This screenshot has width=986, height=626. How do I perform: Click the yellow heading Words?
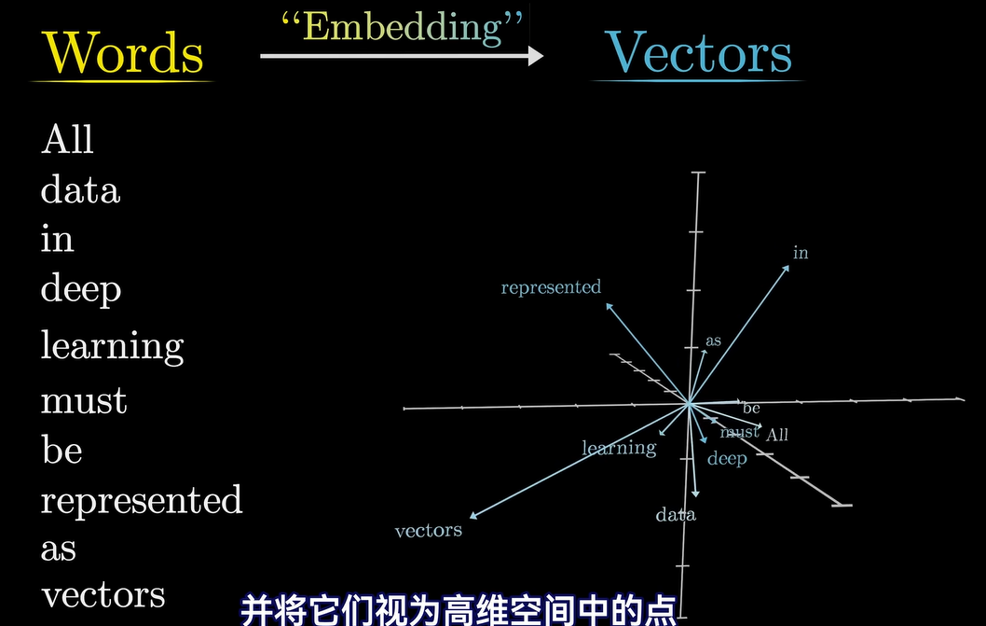tap(123, 52)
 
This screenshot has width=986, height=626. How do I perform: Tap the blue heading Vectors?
tap(698, 52)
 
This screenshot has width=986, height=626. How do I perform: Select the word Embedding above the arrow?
tap(403, 27)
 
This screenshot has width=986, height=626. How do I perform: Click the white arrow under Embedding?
tap(401, 56)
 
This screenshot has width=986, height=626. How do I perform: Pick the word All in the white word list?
tap(67, 140)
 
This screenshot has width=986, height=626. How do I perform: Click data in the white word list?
tap(80, 190)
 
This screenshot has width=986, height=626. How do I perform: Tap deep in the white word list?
tap(81, 289)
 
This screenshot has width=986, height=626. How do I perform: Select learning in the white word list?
tap(112, 346)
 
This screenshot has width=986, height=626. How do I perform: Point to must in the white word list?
tap(84, 402)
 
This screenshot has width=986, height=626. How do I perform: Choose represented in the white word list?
tap(142, 500)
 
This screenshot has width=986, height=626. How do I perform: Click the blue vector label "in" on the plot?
tap(801, 253)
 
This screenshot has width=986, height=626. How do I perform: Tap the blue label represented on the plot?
tap(551, 287)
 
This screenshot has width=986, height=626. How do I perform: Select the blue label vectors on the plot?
tap(429, 531)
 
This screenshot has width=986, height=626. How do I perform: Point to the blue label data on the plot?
tap(676, 515)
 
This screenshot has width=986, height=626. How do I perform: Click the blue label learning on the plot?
tap(619, 448)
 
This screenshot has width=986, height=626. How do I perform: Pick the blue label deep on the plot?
tap(727, 458)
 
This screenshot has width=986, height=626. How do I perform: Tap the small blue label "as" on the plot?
tap(713, 341)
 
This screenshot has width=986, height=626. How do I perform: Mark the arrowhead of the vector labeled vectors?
tap(474, 515)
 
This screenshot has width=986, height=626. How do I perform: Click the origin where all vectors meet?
tap(689, 403)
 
